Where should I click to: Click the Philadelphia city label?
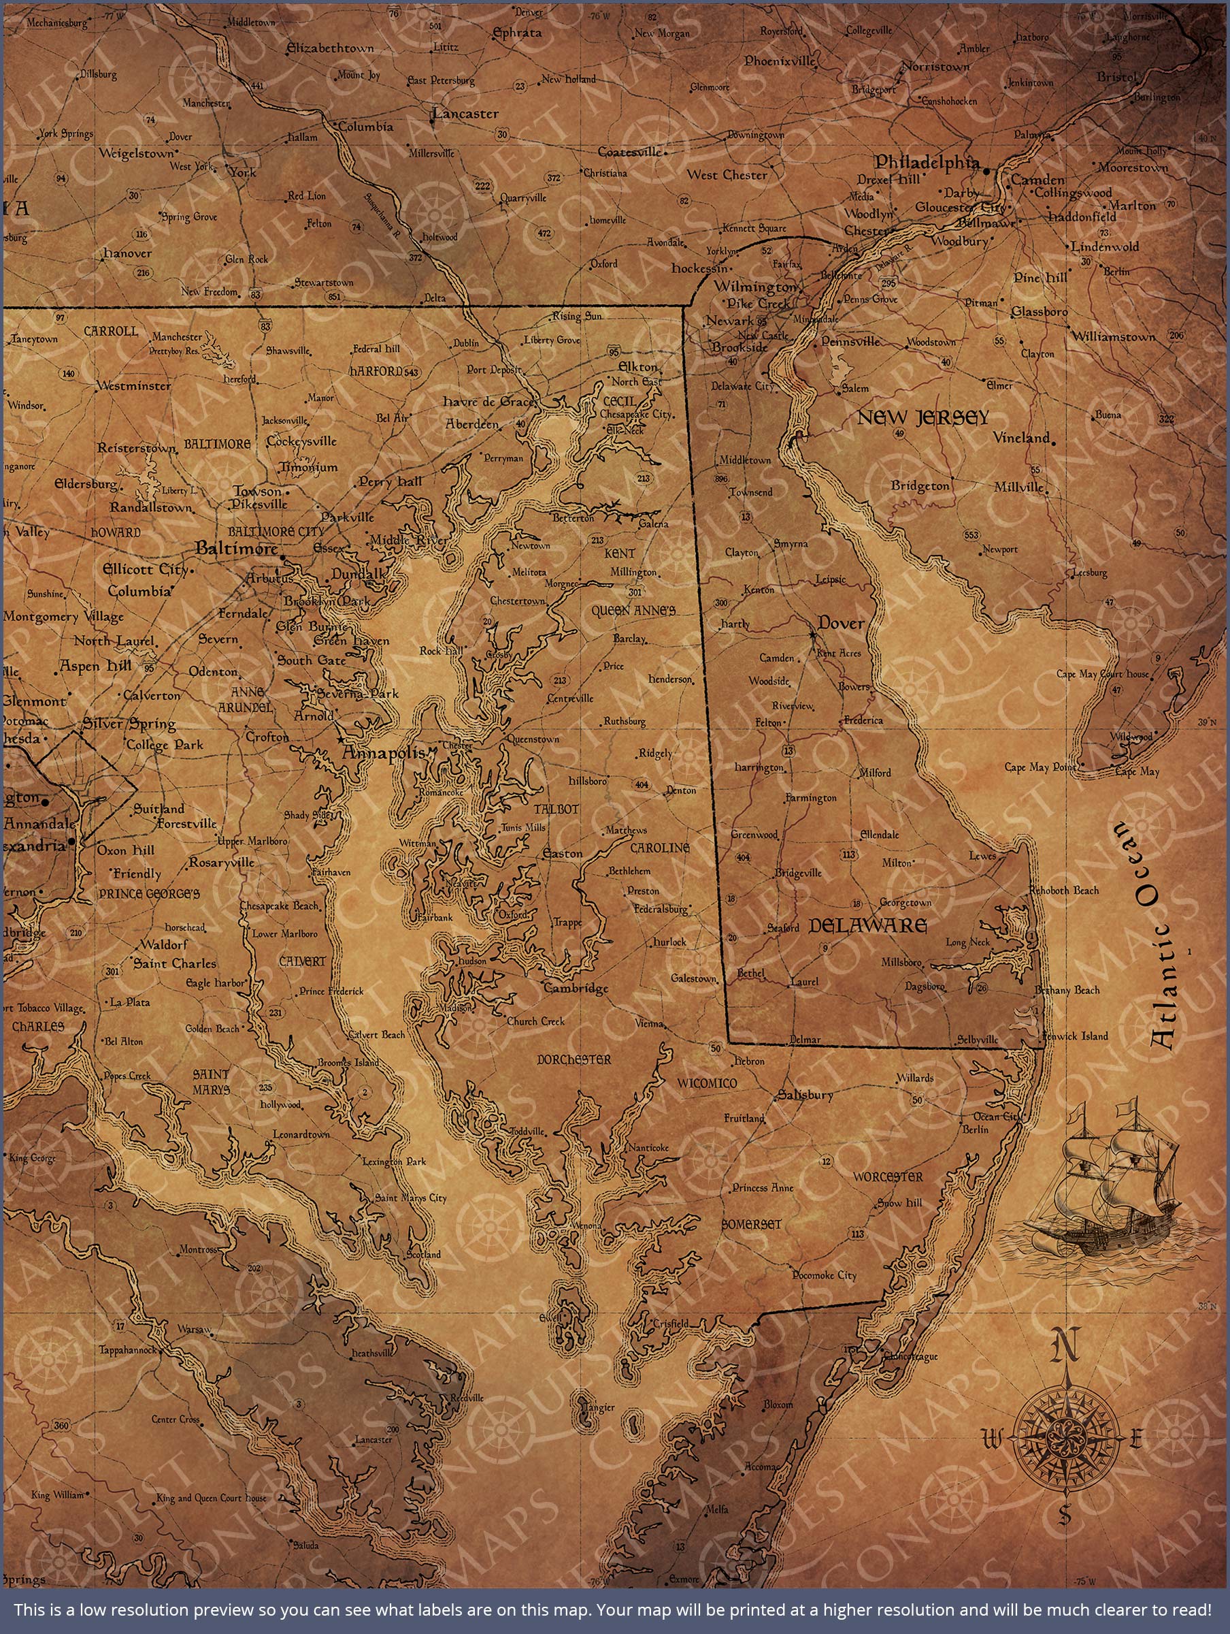click(x=927, y=162)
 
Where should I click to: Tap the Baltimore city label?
click(x=236, y=548)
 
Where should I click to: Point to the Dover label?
click(x=841, y=624)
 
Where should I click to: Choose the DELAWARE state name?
click(x=867, y=925)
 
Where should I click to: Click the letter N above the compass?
click(x=1064, y=1346)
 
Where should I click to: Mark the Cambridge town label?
click(x=576, y=989)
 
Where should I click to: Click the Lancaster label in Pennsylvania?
click(x=466, y=114)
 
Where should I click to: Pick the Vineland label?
click(x=1021, y=437)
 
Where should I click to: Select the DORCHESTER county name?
click(x=574, y=1059)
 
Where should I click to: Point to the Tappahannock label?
click(x=128, y=1349)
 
